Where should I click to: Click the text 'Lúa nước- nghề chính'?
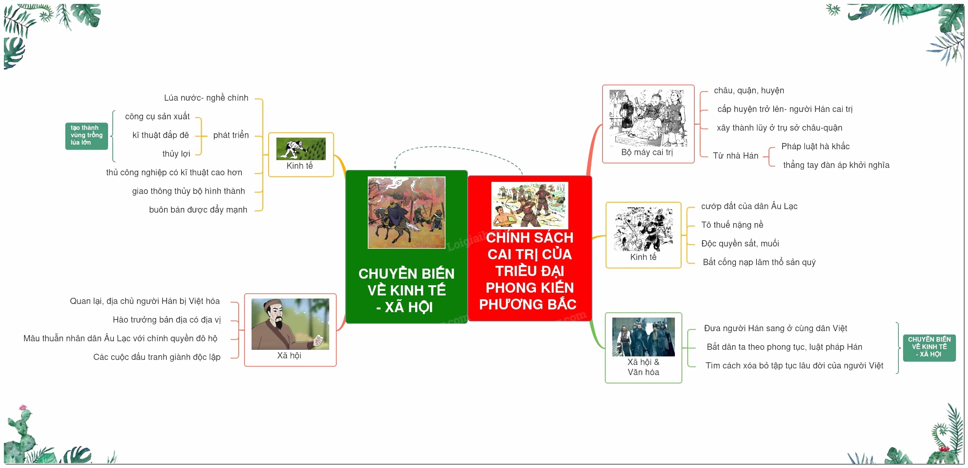[206, 98]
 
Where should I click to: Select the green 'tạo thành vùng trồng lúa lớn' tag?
[86, 136]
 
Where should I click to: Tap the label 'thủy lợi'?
[176, 154]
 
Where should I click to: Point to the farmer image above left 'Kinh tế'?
[301, 148]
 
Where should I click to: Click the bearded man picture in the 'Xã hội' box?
[290, 324]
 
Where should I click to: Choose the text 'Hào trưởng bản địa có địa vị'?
[167, 320]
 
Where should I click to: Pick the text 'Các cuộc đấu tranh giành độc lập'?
[157, 357]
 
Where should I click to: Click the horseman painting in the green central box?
[406, 212]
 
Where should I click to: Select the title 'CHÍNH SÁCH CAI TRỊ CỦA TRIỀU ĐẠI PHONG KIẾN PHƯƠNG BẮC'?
[529, 271]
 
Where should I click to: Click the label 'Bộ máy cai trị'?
[647, 152]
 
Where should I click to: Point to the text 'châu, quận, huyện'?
[749, 91]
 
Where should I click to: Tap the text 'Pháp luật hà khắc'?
[815, 147]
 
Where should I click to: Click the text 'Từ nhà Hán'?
[736, 156]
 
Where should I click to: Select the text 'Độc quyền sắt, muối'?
[740, 244]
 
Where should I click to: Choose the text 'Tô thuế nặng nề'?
[732, 225]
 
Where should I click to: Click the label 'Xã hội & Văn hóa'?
[643, 367]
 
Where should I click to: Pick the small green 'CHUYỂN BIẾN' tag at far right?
[929, 347]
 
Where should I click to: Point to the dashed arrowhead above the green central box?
[395, 167]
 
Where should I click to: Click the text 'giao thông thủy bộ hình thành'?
[189, 191]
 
